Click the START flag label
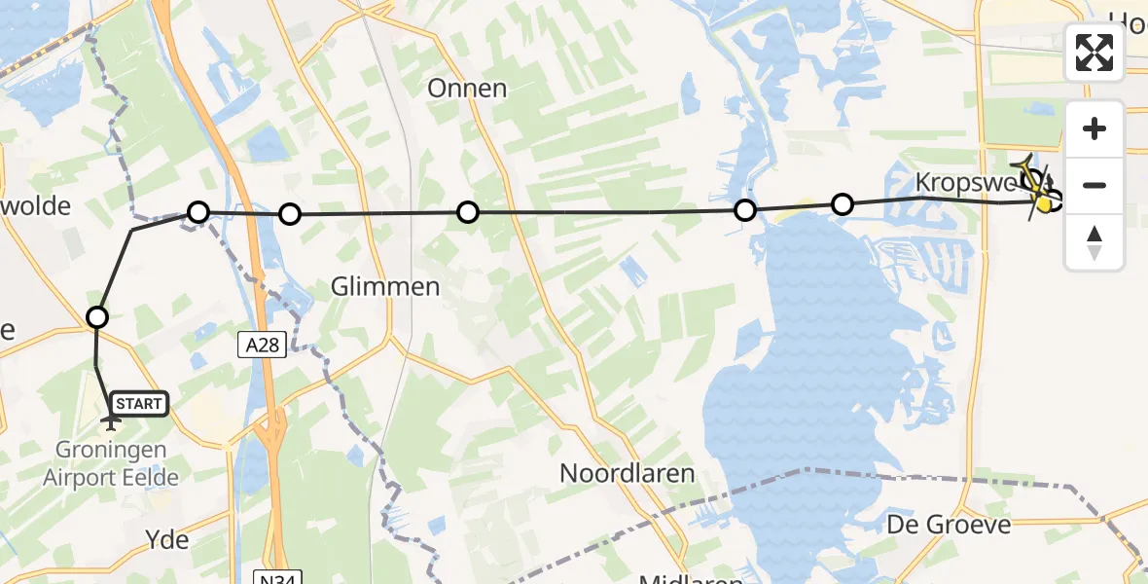[x=140, y=403]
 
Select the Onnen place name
[x=467, y=89]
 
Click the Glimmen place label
[x=385, y=287]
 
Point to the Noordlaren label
[x=627, y=474]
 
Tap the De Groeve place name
[x=948, y=525]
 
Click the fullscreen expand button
[x=1094, y=53]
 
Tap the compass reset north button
[x=1094, y=241]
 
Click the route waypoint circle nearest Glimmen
[x=289, y=214]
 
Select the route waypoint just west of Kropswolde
[x=843, y=203]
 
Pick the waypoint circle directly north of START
[x=97, y=316]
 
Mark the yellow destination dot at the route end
[x=1045, y=204]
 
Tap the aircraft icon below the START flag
[x=111, y=422]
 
